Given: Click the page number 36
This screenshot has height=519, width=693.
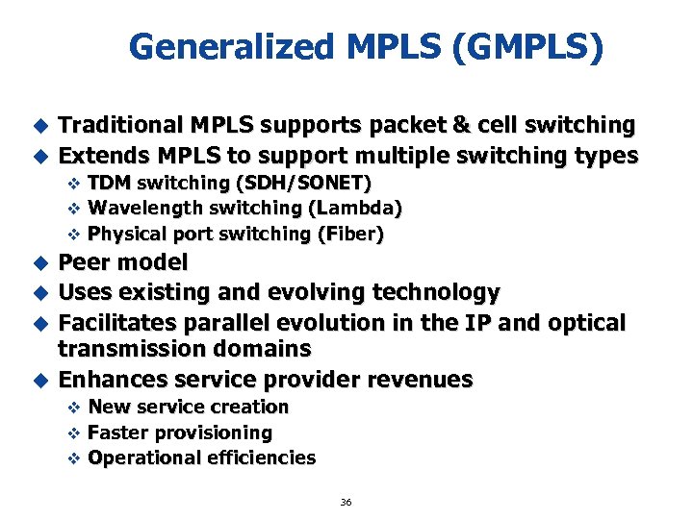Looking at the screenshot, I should [346, 502].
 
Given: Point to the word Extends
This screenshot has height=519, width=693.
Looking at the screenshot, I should [101, 155].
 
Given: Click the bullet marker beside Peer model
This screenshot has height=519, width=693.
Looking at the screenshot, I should [40, 262].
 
